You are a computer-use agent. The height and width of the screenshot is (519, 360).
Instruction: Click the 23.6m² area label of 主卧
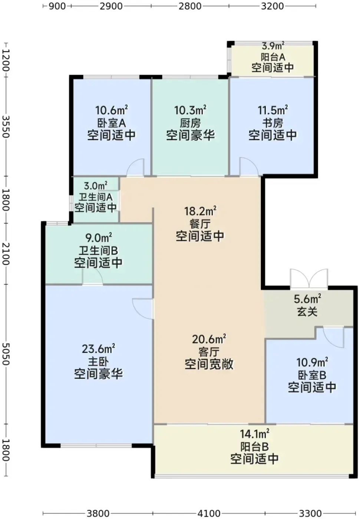[99, 349]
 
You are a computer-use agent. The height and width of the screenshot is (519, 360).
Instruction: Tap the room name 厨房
[190, 123]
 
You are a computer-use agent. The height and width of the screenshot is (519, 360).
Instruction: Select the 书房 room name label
[273, 123]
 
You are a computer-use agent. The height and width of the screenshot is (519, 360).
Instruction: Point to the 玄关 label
[307, 312]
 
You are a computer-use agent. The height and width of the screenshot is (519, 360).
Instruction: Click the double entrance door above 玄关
[309, 278]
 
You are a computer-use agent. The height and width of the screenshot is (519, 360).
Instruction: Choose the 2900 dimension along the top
[111, 6]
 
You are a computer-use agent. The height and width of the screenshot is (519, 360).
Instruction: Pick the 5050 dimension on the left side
[6, 354]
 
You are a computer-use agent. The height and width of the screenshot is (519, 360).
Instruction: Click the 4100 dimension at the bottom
[209, 513]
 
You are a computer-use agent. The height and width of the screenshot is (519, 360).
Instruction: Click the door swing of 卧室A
[136, 167]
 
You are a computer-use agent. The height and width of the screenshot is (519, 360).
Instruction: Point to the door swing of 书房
[249, 166]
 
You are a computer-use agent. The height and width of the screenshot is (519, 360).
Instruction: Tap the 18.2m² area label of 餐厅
[200, 211]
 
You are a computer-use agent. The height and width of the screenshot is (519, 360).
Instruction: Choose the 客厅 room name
[209, 352]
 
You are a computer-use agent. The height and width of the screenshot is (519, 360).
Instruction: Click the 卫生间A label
[95, 197]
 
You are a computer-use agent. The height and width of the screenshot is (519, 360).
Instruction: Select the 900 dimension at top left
[57, 6]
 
